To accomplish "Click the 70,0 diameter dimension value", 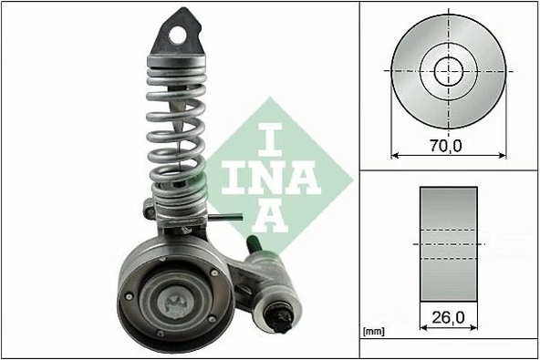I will pyautogui.click(x=448, y=143).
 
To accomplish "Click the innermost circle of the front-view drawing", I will pyautogui.click(x=447, y=69).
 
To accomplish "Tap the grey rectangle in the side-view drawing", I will pyautogui.click(x=448, y=243).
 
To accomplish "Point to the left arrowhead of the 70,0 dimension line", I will pyautogui.click(x=395, y=156).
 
